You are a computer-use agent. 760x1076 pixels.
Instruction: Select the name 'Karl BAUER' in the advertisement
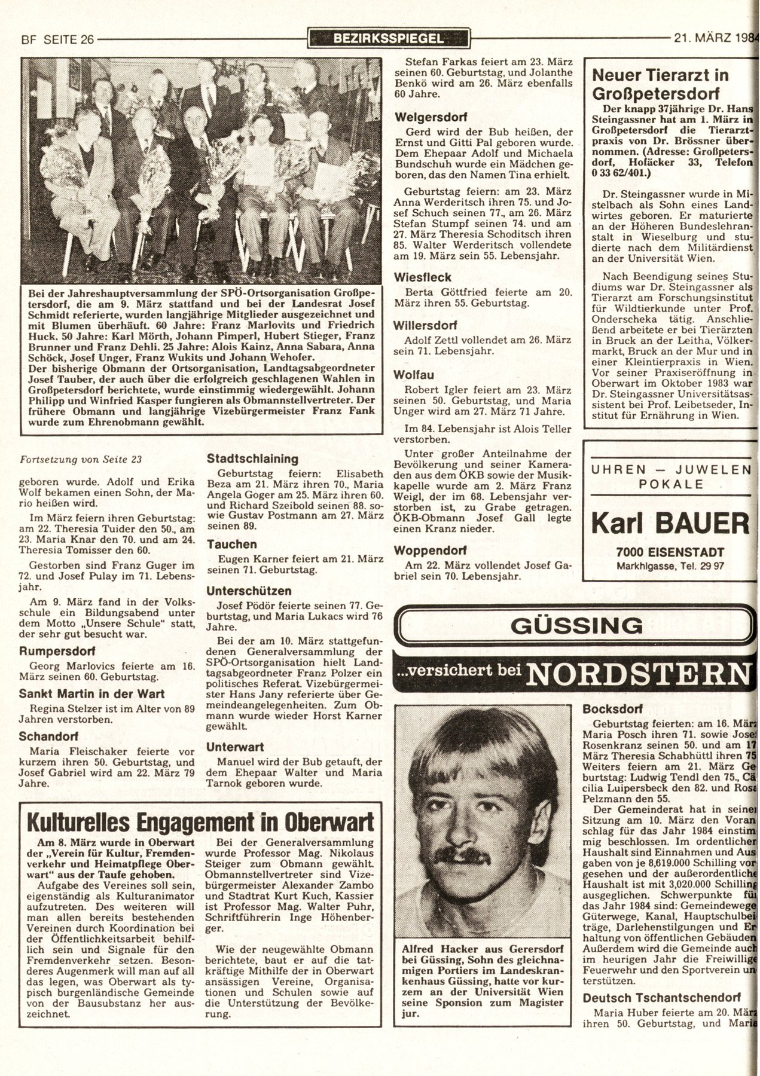click(669, 523)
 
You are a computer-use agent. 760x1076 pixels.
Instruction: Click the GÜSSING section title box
click(572, 625)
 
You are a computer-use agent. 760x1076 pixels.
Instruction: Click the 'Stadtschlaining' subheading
click(252, 459)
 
